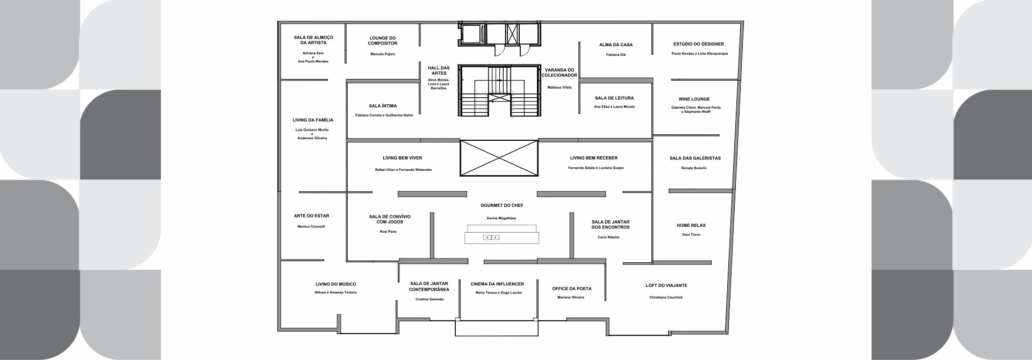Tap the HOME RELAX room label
click(690, 226)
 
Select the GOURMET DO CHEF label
click(502, 206)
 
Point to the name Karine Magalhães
click(502, 218)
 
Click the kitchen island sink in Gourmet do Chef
click(492, 237)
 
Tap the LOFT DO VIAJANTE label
click(666, 285)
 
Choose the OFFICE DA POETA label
click(572, 289)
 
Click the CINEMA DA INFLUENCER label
click(497, 284)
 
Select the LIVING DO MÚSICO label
click(335, 284)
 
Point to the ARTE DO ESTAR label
click(312, 216)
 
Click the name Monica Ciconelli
click(311, 227)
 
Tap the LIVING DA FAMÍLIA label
click(313, 120)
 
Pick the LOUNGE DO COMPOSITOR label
click(383, 41)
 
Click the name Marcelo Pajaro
click(383, 54)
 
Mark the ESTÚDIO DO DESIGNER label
click(699, 44)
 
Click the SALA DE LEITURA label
click(614, 98)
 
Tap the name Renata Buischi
click(694, 168)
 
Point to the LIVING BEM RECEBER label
click(594, 158)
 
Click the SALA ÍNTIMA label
click(383, 106)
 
